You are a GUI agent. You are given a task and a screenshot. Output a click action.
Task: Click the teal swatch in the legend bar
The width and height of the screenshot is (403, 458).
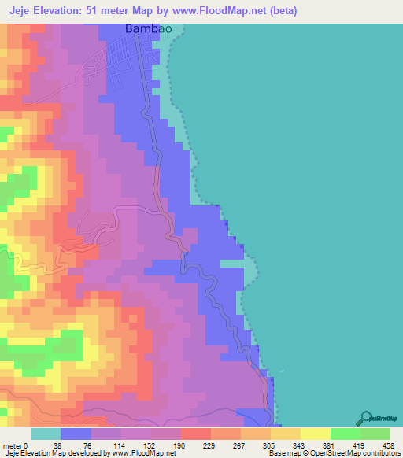point(46,434)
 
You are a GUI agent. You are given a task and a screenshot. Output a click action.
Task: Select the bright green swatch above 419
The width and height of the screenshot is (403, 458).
point(345,434)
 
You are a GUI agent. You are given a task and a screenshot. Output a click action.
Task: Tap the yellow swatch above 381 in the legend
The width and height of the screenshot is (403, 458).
point(315,434)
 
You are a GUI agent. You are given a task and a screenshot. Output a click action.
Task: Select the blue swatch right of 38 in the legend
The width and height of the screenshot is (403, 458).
point(76,434)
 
